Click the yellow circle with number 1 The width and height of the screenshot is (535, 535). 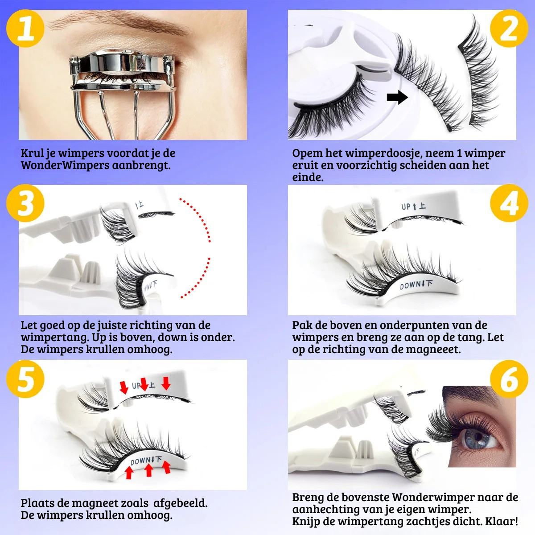25,29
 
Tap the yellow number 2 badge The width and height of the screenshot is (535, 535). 509,29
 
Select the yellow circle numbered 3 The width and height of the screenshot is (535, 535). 25,203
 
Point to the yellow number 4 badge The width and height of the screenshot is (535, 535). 509,203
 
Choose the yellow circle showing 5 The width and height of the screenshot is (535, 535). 25,379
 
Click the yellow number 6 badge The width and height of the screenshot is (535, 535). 509,379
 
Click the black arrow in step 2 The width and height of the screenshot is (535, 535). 397,97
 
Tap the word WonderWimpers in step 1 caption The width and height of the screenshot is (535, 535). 65,165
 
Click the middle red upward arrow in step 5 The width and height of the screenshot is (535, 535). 149,470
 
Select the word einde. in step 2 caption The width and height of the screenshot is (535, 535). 308,177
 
